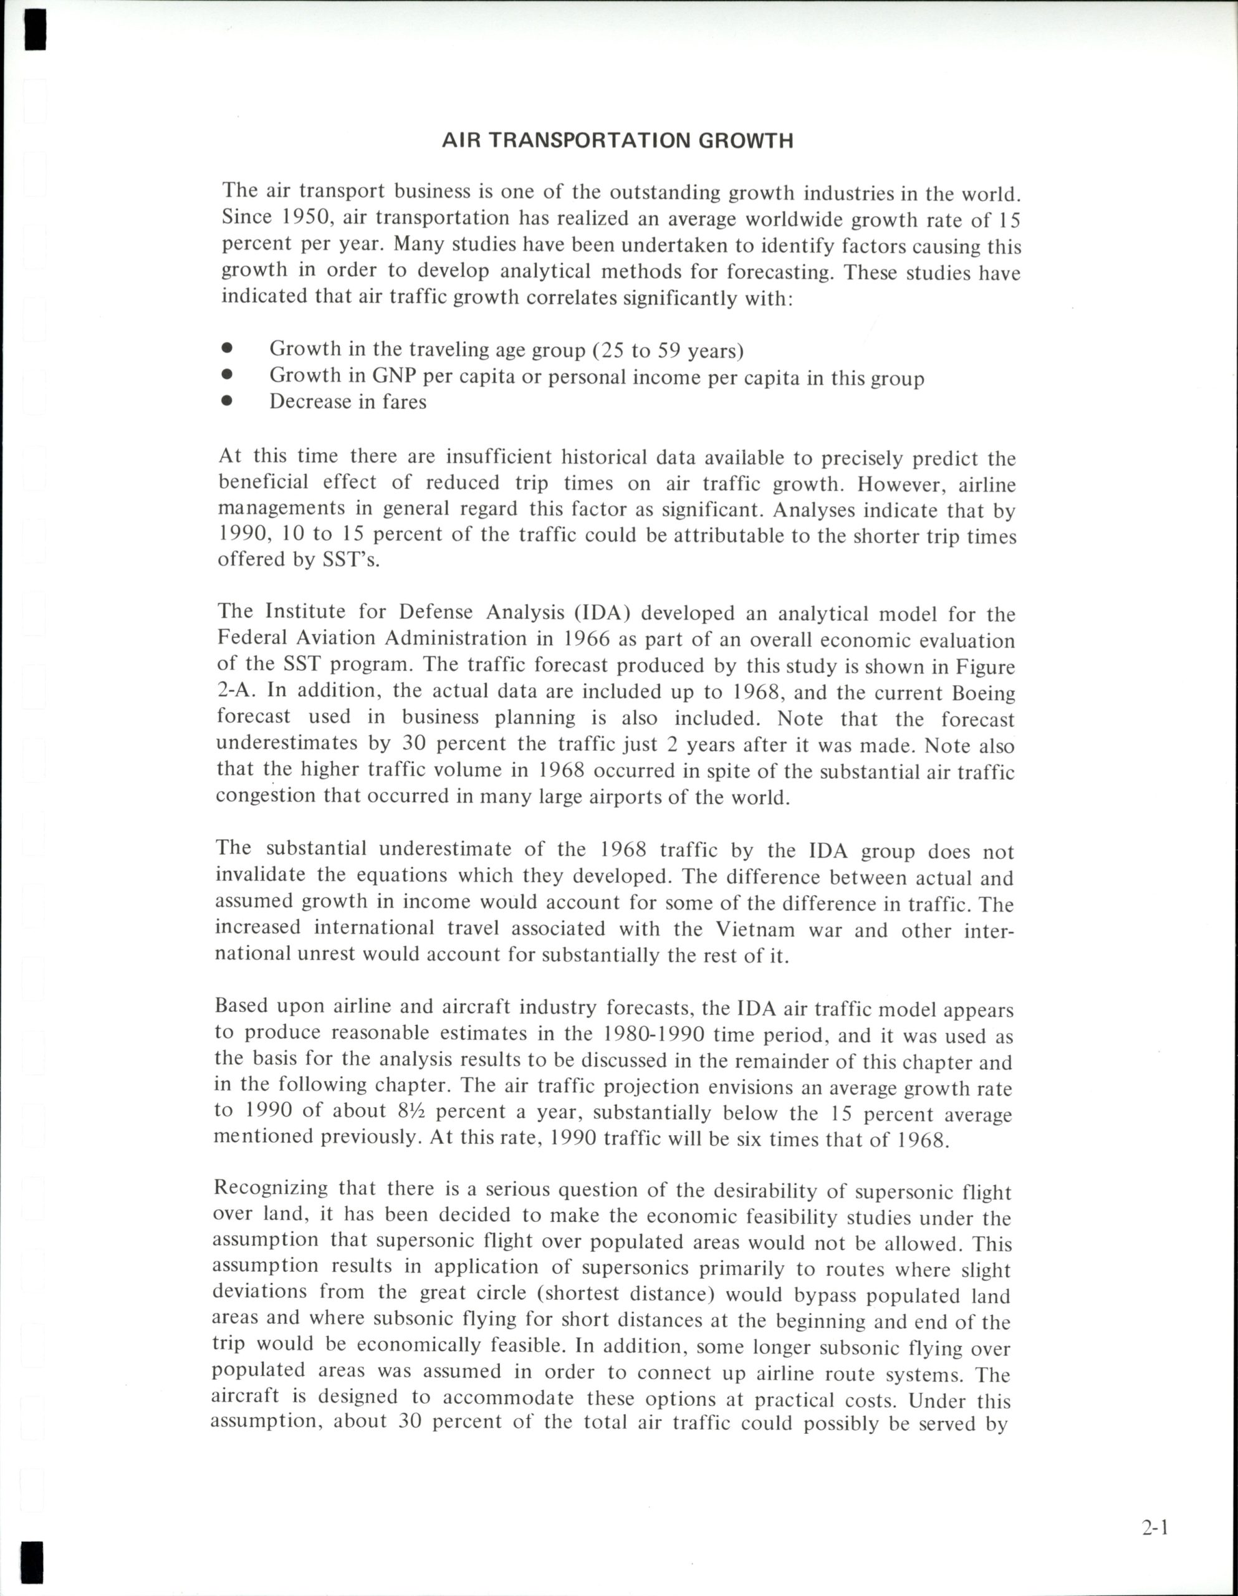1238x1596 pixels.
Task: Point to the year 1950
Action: point(297,218)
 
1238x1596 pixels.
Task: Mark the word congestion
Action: point(266,795)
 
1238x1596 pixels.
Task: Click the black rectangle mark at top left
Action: point(34,29)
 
